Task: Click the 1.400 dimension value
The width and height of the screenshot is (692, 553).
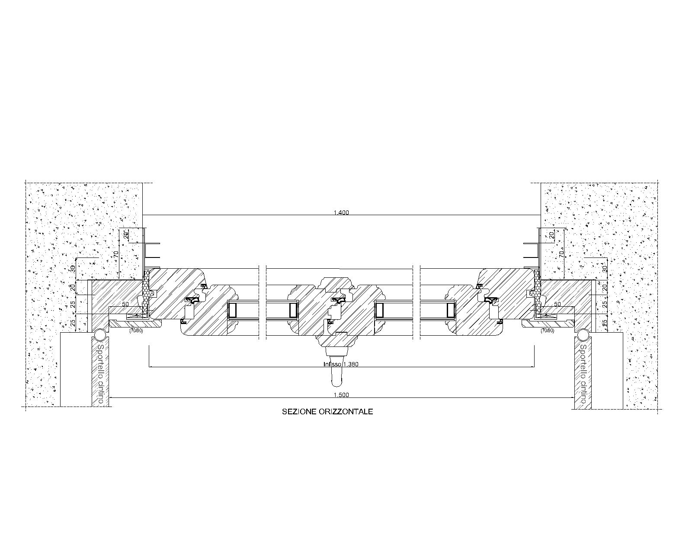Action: [x=341, y=212]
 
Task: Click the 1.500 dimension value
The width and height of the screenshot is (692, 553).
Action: [x=341, y=394]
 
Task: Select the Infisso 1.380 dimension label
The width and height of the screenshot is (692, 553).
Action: [x=341, y=364]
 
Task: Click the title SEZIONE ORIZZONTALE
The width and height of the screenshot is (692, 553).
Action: [x=327, y=412]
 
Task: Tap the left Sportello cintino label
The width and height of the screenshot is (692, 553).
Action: [x=100, y=374]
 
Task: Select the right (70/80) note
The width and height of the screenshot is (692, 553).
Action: [x=547, y=331]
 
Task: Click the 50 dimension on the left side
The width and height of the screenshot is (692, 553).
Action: [x=125, y=304]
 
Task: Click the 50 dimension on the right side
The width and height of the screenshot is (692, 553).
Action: [x=557, y=304]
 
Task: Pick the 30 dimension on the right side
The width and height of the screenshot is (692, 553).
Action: [x=605, y=268]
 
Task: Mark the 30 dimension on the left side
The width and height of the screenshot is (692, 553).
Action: [x=73, y=268]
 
